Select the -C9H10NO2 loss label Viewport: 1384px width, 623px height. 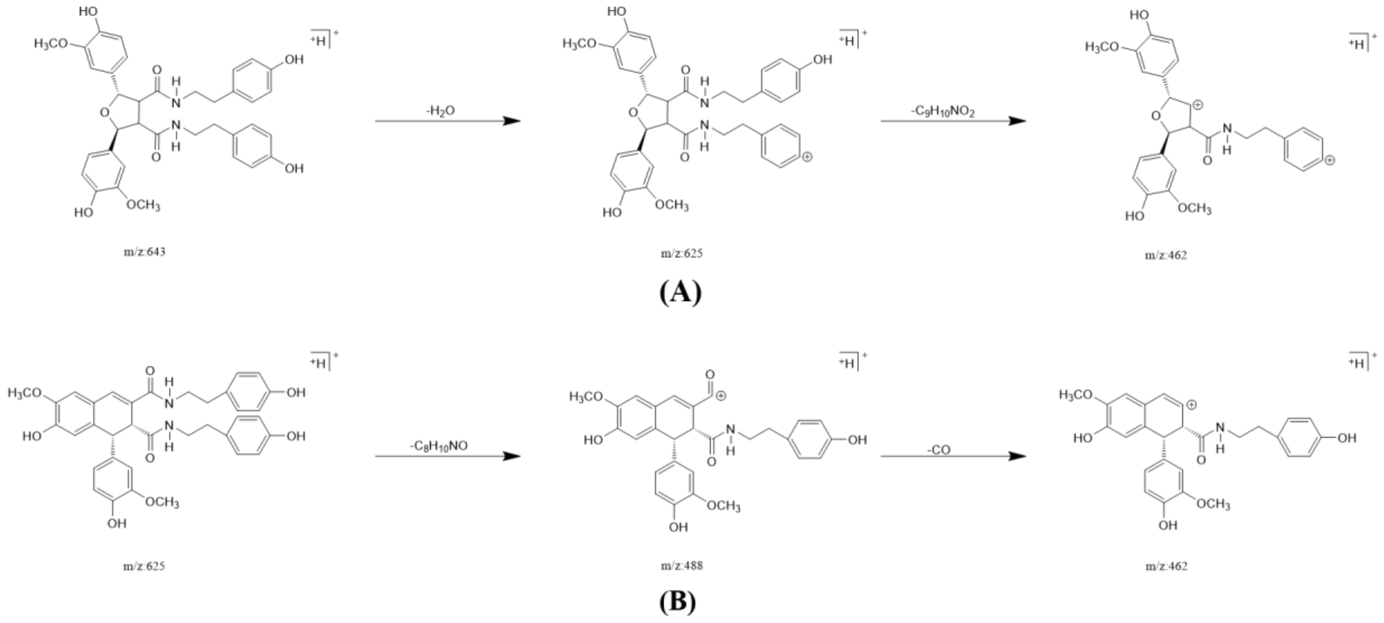[x=944, y=111]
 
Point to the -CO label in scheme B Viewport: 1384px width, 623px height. [x=939, y=450]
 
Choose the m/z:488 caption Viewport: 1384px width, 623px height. [x=681, y=566]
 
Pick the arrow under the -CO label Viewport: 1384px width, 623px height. [x=953, y=456]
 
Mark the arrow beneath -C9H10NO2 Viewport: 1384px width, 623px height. [x=953, y=121]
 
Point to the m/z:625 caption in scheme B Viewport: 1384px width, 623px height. [x=144, y=566]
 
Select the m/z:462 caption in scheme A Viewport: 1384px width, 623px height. [x=1166, y=255]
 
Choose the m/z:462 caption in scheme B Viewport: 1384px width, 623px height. [x=1166, y=566]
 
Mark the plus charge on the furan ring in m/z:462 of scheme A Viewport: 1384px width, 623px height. [x=1197, y=105]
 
